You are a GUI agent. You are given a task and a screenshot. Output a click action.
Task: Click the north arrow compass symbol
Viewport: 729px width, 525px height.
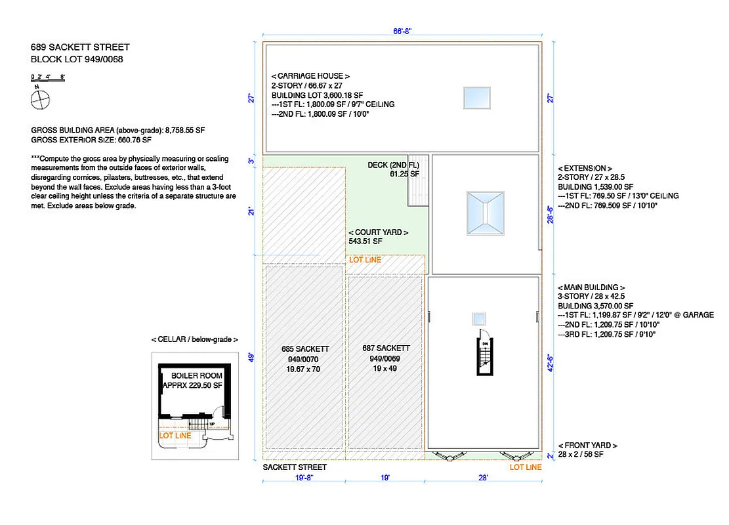point(40,100)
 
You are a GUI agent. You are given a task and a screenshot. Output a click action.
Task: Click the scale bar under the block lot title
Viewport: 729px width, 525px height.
point(48,77)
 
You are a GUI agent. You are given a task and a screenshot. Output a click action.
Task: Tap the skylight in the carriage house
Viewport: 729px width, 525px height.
point(476,98)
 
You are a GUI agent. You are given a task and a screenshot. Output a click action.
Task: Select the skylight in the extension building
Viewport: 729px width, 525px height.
point(484,213)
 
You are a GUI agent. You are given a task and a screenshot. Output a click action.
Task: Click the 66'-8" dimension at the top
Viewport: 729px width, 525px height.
point(401,31)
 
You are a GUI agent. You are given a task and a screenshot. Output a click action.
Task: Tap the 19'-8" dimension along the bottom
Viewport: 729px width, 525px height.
point(303,478)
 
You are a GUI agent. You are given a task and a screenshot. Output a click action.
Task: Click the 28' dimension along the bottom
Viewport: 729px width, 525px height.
point(483,478)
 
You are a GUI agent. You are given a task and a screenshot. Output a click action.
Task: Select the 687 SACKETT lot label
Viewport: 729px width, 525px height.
point(386,348)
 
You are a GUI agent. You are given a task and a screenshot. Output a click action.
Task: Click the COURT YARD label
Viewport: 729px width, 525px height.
point(379,232)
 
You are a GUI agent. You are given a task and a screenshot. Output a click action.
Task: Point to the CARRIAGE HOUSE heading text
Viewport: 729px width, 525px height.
point(310,76)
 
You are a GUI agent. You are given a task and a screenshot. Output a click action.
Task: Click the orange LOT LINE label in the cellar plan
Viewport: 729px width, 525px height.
point(175,436)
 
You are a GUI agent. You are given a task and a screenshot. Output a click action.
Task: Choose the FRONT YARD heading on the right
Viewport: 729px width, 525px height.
point(587,446)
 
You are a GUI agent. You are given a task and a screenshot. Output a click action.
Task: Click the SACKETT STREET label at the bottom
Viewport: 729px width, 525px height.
point(295,467)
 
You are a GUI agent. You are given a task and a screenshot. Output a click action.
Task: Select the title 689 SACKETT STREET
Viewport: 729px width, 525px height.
point(80,47)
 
